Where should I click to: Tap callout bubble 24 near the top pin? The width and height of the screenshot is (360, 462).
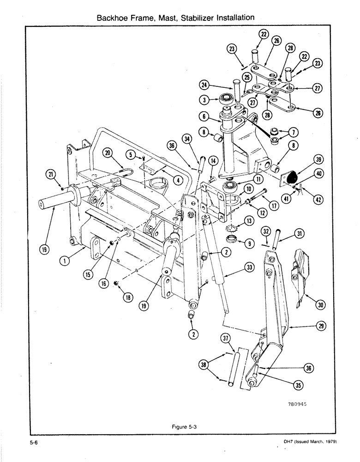click(x=205, y=85)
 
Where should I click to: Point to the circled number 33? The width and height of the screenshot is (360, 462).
click(x=250, y=267)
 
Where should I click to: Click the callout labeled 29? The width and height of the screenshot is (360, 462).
click(x=322, y=326)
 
